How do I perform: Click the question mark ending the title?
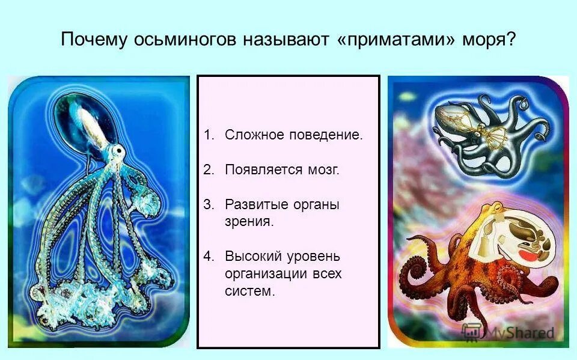511,41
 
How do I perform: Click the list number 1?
208,135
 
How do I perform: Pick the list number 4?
208,256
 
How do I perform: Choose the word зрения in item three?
249,222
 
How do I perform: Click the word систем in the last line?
249,292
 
